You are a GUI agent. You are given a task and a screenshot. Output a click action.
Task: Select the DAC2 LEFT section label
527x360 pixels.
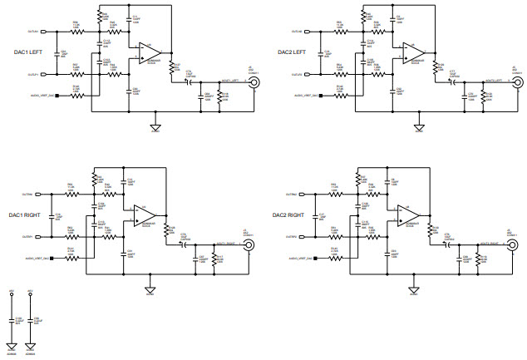coord(294,52)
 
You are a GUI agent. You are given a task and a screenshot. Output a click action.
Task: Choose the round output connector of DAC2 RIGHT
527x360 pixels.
coord(508,244)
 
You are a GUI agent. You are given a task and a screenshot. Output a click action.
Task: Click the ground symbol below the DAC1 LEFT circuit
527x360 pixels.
coord(155,126)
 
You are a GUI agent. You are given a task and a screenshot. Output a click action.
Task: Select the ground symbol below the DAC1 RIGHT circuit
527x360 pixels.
coord(150,289)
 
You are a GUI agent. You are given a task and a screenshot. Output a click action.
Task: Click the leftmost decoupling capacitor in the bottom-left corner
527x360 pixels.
coord(12,322)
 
